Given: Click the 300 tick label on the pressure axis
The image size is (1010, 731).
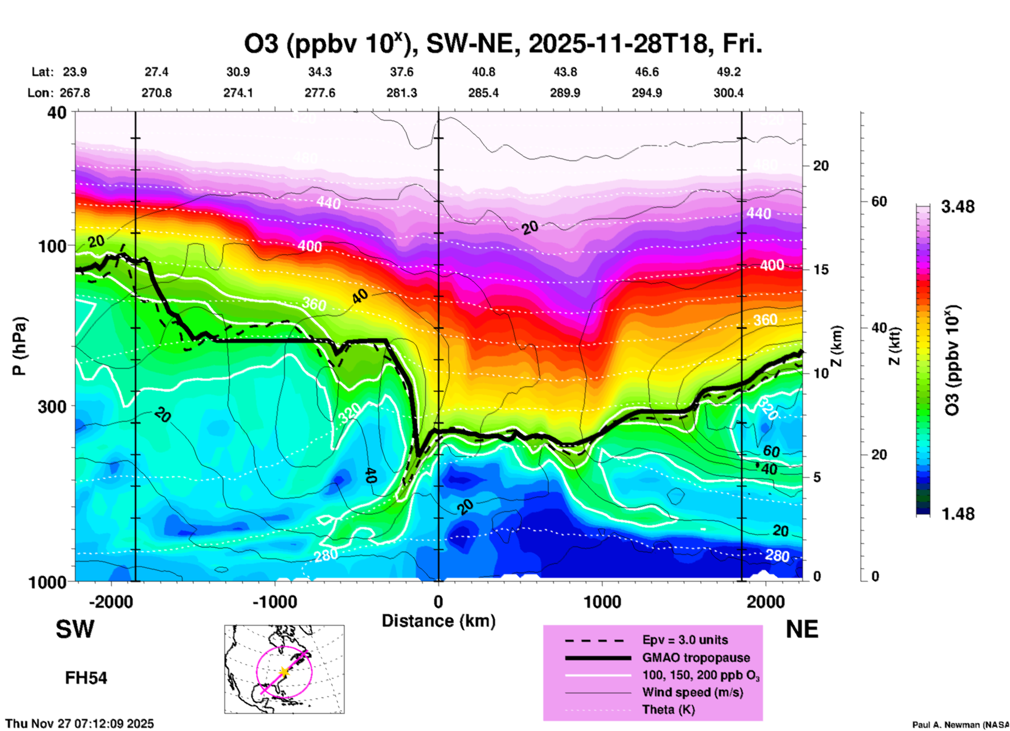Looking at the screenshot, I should pyautogui.click(x=52, y=406).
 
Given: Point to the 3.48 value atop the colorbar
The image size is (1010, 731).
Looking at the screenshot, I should pyautogui.click(x=958, y=207).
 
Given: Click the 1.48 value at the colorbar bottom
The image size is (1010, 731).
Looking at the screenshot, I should pyautogui.click(x=958, y=513).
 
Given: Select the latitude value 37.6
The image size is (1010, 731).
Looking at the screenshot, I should pyautogui.click(x=402, y=72).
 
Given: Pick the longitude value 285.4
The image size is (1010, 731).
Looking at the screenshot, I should pyautogui.click(x=483, y=93).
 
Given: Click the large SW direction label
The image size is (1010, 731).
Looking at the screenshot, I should pyautogui.click(x=75, y=629).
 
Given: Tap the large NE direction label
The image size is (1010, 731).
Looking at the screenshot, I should pyautogui.click(x=802, y=629).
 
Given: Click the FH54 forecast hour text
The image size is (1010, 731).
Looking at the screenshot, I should pyautogui.click(x=86, y=678).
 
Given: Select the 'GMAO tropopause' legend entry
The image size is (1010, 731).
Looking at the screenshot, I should pyautogui.click(x=696, y=658).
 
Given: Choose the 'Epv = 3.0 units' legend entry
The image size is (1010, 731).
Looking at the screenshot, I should pyautogui.click(x=685, y=640).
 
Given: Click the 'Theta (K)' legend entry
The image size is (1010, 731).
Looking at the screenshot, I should pyautogui.click(x=668, y=709).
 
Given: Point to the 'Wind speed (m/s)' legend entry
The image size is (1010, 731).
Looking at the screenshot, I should pyautogui.click(x=692, y=692).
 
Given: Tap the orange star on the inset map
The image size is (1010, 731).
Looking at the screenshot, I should pyautogui.click(x=284, y=671).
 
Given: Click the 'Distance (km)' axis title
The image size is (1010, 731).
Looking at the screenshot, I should pyautogui.click(x=438, y=621).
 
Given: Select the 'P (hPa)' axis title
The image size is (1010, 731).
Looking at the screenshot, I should pyautogui.click(x=19, y=346).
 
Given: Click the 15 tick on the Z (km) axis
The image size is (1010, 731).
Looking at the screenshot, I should pyautogui.click(x=821, y=270).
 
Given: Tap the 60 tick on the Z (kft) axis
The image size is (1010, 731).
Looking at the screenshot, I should pyautogui.click(x=879, y=201).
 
